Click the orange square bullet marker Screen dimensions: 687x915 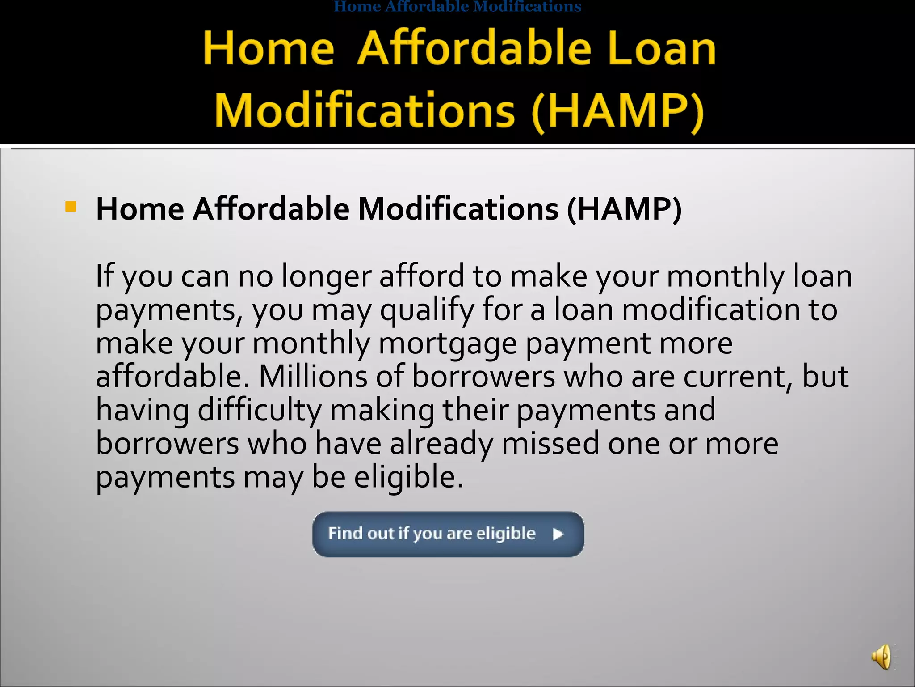(x=71, y=207)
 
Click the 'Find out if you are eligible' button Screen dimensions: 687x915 (x=448, y=534)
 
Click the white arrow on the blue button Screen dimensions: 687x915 (x=558, y=534)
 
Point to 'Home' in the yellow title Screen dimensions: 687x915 (x=269, y=48)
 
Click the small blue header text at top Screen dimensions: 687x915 (x=457, y=6)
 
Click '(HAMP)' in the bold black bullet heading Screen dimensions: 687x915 (x=624, y=209)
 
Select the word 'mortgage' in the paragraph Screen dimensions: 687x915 (x=447, y=343)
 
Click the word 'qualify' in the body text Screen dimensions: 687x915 (x=427, y=310)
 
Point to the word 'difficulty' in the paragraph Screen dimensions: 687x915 (x=259, y=410)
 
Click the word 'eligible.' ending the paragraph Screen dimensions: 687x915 (x=409, y=477)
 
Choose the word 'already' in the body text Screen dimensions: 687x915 (x=441, y=443)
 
